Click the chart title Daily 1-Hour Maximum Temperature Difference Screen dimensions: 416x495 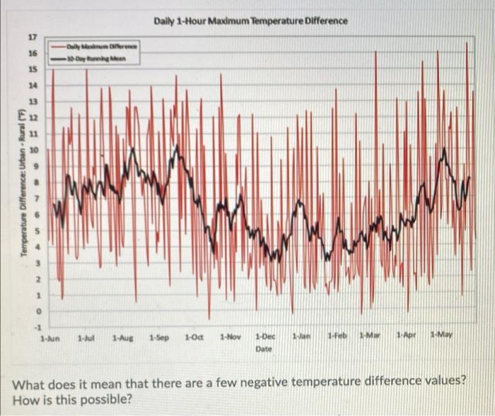250,20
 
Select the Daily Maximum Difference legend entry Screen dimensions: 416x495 102,46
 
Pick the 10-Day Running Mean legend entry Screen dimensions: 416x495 98,57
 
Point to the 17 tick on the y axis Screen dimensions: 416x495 32,37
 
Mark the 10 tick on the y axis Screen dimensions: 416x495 32,149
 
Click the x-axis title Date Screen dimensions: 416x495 264,349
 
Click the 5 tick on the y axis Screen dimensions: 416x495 32,230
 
